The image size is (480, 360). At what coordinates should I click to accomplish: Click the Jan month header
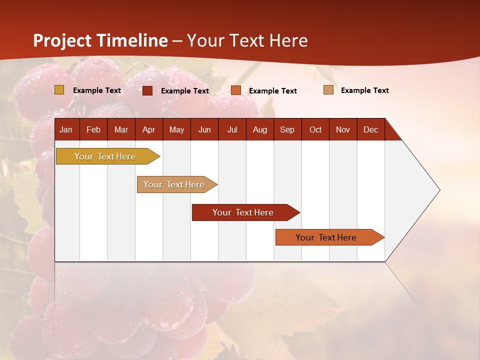point(66,129)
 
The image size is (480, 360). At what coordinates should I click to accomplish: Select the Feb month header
point(93,129)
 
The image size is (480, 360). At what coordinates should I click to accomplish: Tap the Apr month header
point(148,129)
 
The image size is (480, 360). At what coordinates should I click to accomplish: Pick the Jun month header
point(204,129)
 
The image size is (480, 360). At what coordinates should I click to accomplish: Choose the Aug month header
point(260,129)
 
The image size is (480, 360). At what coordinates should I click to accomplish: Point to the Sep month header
point(287,129)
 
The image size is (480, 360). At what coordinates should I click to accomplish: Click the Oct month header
point(315,129)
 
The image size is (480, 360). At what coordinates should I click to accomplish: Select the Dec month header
point(371,129)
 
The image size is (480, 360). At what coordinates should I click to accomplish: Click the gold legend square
point(59,90)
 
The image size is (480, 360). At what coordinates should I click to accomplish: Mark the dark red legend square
point(147,90)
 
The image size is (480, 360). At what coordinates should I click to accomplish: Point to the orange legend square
point(236,90)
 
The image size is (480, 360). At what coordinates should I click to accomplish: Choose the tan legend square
point(328,90)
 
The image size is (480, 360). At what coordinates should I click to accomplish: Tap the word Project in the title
point(62,40)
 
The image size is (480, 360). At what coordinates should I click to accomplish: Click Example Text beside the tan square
point(364,90)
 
